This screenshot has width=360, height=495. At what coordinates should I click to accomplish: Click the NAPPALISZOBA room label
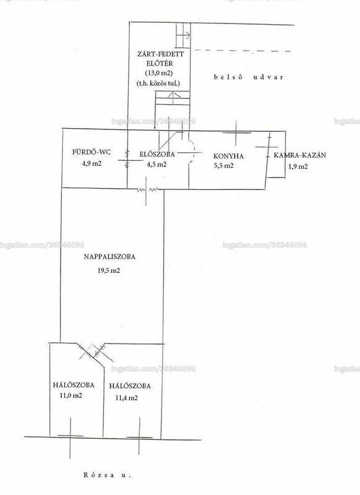[109, 257]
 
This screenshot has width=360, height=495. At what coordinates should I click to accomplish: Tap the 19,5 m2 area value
[109, 270]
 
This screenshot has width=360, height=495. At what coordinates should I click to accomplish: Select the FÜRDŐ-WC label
[92, 152]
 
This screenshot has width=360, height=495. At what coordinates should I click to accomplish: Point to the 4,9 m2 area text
[92, 163]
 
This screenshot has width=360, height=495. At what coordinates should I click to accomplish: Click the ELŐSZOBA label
[157, 154]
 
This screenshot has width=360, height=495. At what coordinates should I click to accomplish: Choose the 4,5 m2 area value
[156, 164]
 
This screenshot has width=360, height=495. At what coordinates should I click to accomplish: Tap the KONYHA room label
[228, 156]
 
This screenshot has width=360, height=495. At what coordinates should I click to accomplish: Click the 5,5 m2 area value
[224, 165]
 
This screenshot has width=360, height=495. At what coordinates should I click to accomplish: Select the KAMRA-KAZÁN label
[300, 155]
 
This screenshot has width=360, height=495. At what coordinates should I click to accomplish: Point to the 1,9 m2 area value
[298, 166]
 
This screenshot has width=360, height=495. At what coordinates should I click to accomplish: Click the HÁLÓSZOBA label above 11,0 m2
[74, 385]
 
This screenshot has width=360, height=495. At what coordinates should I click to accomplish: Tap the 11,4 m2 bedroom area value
[127, 398]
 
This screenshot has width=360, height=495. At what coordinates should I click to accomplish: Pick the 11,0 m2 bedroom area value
[71, 395]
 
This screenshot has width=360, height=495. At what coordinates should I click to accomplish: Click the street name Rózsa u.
[107, 475]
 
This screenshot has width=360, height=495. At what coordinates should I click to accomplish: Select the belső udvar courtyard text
[249, 77]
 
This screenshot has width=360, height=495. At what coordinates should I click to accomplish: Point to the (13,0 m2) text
[159, 72]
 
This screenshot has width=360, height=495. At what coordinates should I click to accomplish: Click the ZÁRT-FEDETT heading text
[160, 54]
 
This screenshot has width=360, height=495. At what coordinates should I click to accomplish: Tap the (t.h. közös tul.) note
[158, 84]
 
